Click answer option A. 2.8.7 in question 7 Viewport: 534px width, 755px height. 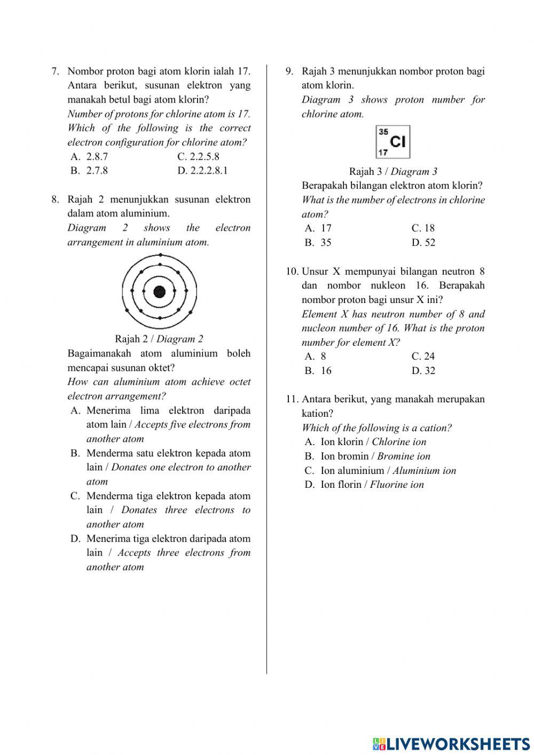(x=89, y=157)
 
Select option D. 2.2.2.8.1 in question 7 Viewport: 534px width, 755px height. (x=202, y=171)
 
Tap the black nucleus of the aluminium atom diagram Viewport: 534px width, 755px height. (x=159, y=292)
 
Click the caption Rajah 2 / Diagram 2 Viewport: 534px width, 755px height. (x=159, y=339)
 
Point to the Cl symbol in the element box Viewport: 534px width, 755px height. (x=398, y=142)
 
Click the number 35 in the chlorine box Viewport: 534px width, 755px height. (x=383, y=131)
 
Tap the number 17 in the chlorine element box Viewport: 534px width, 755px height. (x=382, y=152)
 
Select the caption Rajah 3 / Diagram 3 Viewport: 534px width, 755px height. (x=393, y=172)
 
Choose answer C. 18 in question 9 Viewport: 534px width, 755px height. (x=423, y=228)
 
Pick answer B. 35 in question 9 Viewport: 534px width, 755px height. (x=318, y=243)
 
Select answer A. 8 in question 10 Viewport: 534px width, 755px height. (x=316, y=356)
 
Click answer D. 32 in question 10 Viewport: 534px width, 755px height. (x=423, y=371)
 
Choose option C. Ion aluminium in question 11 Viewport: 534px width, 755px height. (x=380, y=471)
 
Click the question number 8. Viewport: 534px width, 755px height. (x=55, y=200)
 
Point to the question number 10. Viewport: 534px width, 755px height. (x=292, y=271)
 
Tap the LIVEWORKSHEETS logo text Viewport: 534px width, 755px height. (x=452, y=743)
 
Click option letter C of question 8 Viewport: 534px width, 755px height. (x=75, y=496)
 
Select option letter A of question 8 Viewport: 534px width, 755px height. (x=75, y=411)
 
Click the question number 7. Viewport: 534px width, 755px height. (x=55, y=72)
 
